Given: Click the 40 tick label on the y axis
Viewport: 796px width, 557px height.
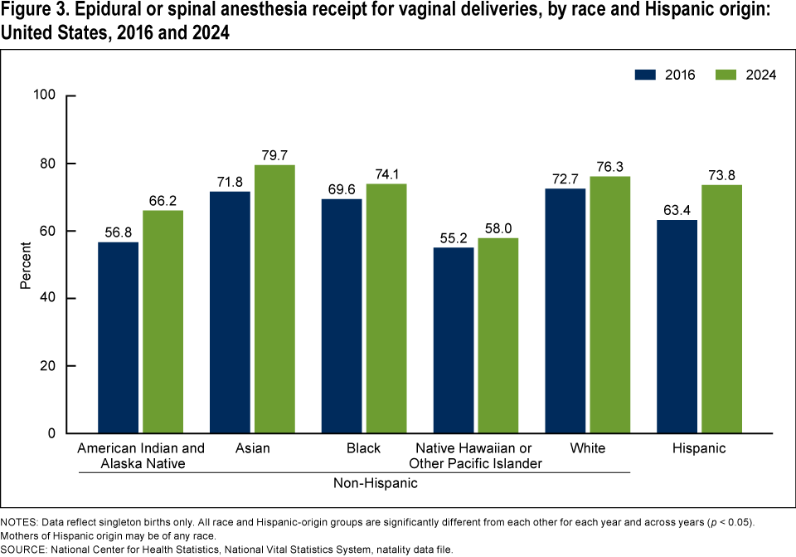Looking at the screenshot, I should click(x=47, y=298).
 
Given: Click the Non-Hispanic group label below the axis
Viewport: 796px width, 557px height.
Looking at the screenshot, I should click(x=375, y=482).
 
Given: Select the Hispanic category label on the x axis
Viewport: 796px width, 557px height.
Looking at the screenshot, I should click(x=699, y=448).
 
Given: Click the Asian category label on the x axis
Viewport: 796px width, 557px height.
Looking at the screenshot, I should click(x=252, y=448).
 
